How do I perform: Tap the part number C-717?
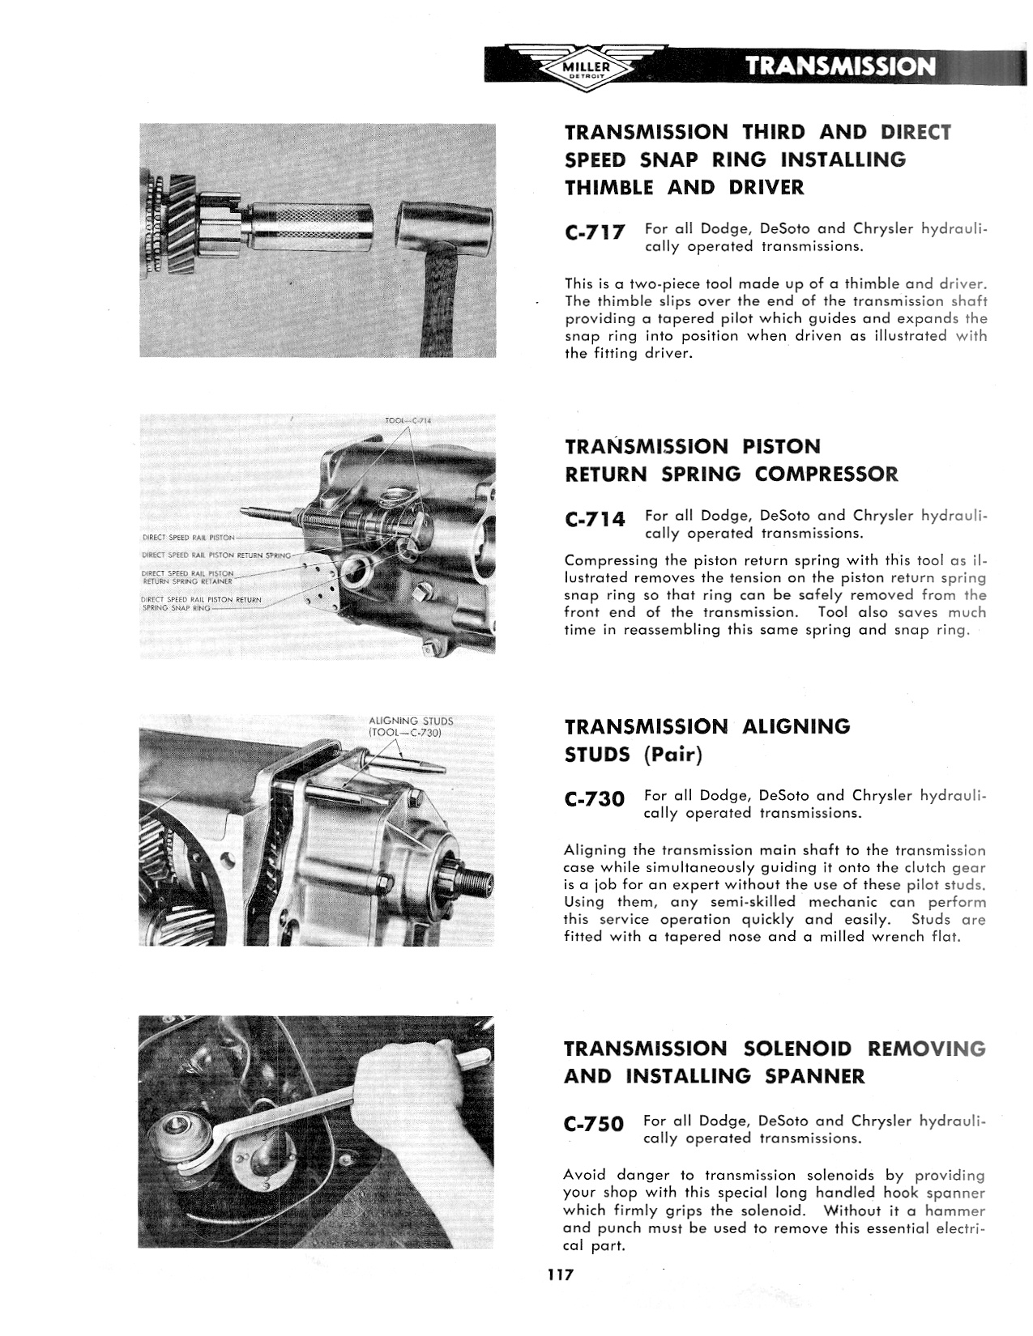(595, 232)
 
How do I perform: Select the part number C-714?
(595, 519)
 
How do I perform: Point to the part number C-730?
(595, 799)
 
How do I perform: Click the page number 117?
(560, 1274)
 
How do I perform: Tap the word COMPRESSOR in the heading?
(826, 474)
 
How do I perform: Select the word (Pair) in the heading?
(673, 755)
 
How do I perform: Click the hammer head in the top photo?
(444, 224)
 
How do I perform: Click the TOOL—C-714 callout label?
(408, 420)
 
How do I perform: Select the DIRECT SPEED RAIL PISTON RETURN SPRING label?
(216, 555)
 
